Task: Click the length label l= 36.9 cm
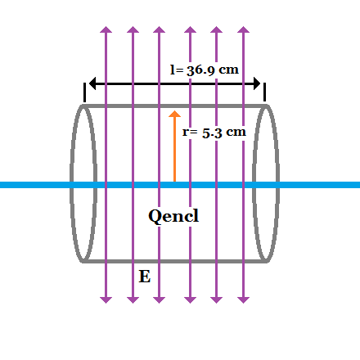click(205, 70)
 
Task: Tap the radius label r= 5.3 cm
click(213, 131)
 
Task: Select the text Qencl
click(173, 216)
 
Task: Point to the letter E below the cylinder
click(144, 277)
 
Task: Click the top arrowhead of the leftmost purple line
click(105, 31)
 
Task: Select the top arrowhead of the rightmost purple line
click(242, 31)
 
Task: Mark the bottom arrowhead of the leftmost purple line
click(105, 299)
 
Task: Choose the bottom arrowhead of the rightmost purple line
click(242, 299)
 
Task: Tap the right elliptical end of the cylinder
click(268, 183)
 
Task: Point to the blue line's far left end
click(2, 185)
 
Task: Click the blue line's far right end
click(357, 185)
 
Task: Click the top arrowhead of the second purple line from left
click(132, 31)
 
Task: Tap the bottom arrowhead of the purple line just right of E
click(158, 299)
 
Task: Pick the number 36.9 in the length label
click(200, 70)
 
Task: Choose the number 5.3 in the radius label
click(212, 131)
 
